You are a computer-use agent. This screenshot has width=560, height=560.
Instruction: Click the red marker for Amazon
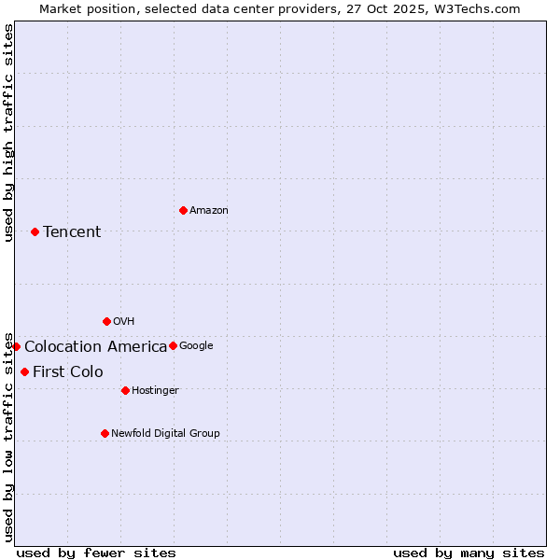(x=183, y=210)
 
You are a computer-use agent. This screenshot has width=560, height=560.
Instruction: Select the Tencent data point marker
(x=35, y=231)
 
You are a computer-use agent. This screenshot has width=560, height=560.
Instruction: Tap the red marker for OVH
(x=106, y=321)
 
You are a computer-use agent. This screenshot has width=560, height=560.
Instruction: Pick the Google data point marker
(x=173, y=345)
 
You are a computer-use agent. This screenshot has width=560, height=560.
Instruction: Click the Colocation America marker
(x=16, y=346)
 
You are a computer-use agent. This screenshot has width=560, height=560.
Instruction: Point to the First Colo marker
(x=24, y=371)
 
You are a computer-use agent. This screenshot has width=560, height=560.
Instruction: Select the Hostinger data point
(x=125, y=390)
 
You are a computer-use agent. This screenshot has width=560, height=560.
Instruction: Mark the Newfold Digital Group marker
(x=105, y=433)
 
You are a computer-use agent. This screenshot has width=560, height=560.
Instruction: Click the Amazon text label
(x=209, y=211)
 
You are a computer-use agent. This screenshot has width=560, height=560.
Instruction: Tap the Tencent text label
(x=72, y=231)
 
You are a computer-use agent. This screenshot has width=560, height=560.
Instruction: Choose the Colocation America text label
(x=95, y=347)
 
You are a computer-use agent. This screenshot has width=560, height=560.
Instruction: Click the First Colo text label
(x=68, y=372)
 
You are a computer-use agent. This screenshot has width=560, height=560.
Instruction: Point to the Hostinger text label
(x=155, y=390)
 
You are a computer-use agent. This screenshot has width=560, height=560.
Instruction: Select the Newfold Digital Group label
(x=165, y=433)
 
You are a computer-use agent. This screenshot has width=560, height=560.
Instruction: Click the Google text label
(x=196, y=346)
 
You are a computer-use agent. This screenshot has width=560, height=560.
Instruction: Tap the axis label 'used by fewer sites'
(x=96, y=553)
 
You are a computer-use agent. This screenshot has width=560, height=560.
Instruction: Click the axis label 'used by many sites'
(x=469, y=553)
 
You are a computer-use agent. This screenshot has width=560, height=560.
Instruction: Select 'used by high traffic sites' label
(x=8, y=133)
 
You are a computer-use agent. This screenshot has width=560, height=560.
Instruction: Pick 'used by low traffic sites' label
(x=8, y=437)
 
